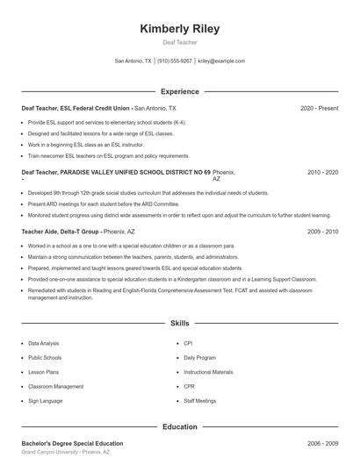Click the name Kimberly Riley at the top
click(x=180, y=28)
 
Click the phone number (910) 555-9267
click(x=175, y=61)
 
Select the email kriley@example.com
click(x=221, y=61)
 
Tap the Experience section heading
click(x=180, y=91)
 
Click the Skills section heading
click(x=180, y=324)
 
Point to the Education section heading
click(x=180, y=426)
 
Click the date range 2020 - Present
click(x=319, y=108)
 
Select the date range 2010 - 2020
click(x=322, y=173)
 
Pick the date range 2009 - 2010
click(x=322, y=232)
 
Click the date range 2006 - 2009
click(x=322, y=444)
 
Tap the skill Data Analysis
click(x=44, y=344)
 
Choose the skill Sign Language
click(x=45, y=400)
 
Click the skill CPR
click(x=189, y=386)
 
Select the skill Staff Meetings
click(x=199, y=400)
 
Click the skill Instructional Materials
click(x=208, y=372)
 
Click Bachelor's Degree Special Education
click(x=72, y=444)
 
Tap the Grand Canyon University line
click(x=66, y=453)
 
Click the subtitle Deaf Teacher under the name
click(x=180, y=42)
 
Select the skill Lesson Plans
click(x=43, y=372)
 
